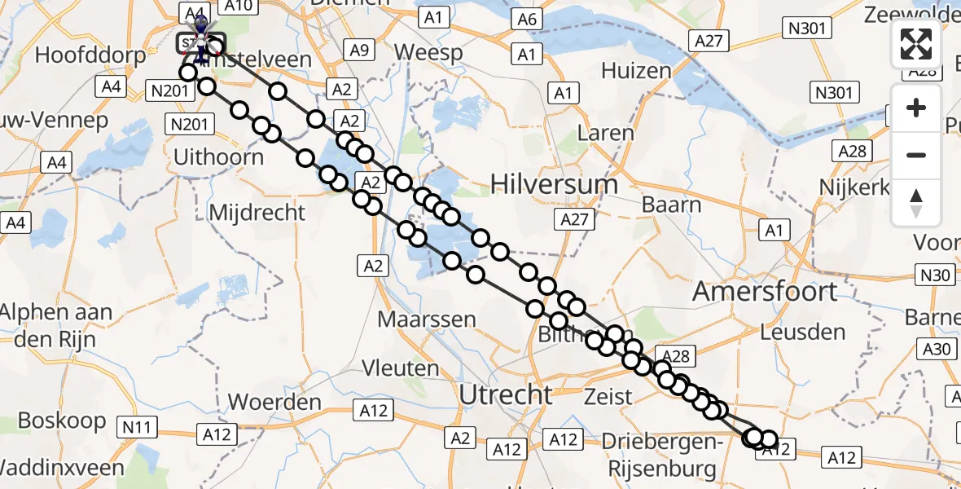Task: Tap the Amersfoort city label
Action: pyautogui.click(x=765, y=292)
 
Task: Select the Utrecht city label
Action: pyautogui.click(x=506, y=394)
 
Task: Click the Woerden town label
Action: pyautogui.click(x=274, y=402)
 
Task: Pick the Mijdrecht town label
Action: pyautogui.click(x=257, y=213)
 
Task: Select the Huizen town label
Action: pyautogui.click(x=636, y=71)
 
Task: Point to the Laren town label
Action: pyautogui.click(x=604, y=132)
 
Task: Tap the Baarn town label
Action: pyautogui.click(x=672, y=204)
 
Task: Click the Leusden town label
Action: pyautogui.click(x=802, y=332)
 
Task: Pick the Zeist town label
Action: pyautogui.click(x=608, y=397)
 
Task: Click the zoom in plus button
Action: pyautogui.click(x=916, y=108)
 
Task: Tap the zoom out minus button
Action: pyautogui.click(x=916, y=155)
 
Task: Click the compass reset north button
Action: pyautogui.click(x=916, y=202)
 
